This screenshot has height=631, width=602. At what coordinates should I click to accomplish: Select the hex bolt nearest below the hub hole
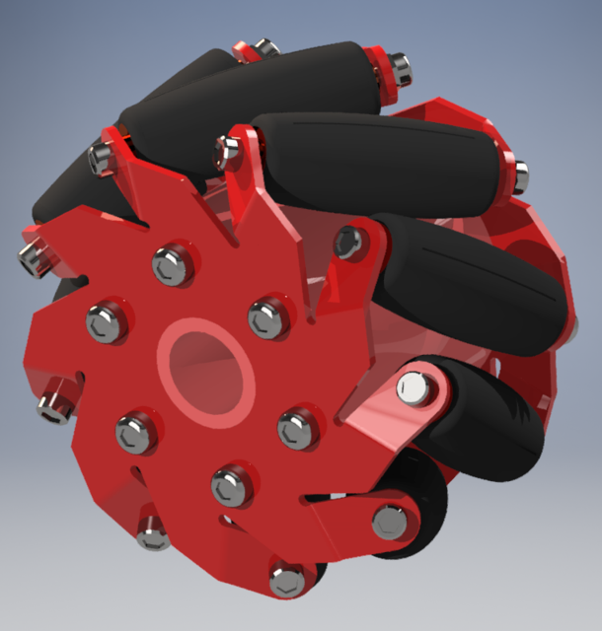(x=230, y=484)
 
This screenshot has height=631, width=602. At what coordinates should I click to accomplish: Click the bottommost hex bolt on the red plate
(x=287, y=579)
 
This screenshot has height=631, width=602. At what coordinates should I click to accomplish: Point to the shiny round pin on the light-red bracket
(x=414, y=387)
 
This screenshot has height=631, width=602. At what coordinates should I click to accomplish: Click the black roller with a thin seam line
(x=474, y=286)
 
